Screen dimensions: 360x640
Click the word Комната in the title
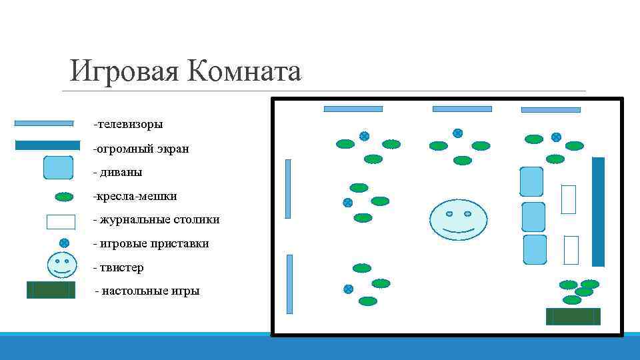245,71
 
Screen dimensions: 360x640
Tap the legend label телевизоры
129,124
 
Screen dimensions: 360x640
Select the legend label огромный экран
142,149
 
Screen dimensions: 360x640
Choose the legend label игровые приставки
152,243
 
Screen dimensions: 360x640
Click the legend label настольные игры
149,291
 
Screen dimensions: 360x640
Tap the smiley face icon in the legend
62,265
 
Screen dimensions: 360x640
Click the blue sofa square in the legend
58,167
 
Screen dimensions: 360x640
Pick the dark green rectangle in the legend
51,290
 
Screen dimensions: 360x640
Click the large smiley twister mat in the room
458,219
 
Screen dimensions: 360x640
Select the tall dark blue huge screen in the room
598,211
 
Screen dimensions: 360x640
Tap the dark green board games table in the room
573,316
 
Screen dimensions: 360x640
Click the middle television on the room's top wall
462,109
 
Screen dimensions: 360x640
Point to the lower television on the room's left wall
289,284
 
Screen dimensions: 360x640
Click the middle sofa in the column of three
533,217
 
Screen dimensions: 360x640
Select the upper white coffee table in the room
568,199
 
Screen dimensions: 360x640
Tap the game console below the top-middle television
457,133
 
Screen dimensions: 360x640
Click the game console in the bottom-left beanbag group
348,289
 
